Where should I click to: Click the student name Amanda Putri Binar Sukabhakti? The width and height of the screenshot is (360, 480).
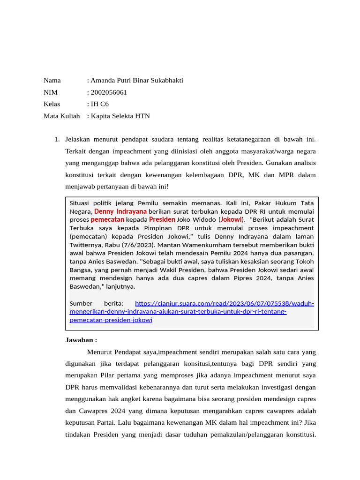click(137, 80)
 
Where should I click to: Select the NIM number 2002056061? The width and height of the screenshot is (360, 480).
click(109, 92)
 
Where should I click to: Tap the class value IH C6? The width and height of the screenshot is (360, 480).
click(100, 104)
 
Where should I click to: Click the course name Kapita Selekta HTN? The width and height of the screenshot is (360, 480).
click(120, 115)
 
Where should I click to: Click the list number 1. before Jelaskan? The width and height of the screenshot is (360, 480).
click(57, 139)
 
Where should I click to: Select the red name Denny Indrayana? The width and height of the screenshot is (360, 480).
click(120, 211)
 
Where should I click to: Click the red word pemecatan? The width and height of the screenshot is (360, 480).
click(107, 219)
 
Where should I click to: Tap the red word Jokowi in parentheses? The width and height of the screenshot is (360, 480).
click(231, 219)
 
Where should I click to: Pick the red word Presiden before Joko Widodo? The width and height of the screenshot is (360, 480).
click(162, 219)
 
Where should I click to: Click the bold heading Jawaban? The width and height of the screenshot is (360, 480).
click(81, 340)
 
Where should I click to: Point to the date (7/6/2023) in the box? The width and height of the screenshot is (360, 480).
click(142, 245)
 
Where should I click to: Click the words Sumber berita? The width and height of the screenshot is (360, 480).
click(96, 303)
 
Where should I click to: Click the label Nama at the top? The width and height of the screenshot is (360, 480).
click(52, 80)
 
